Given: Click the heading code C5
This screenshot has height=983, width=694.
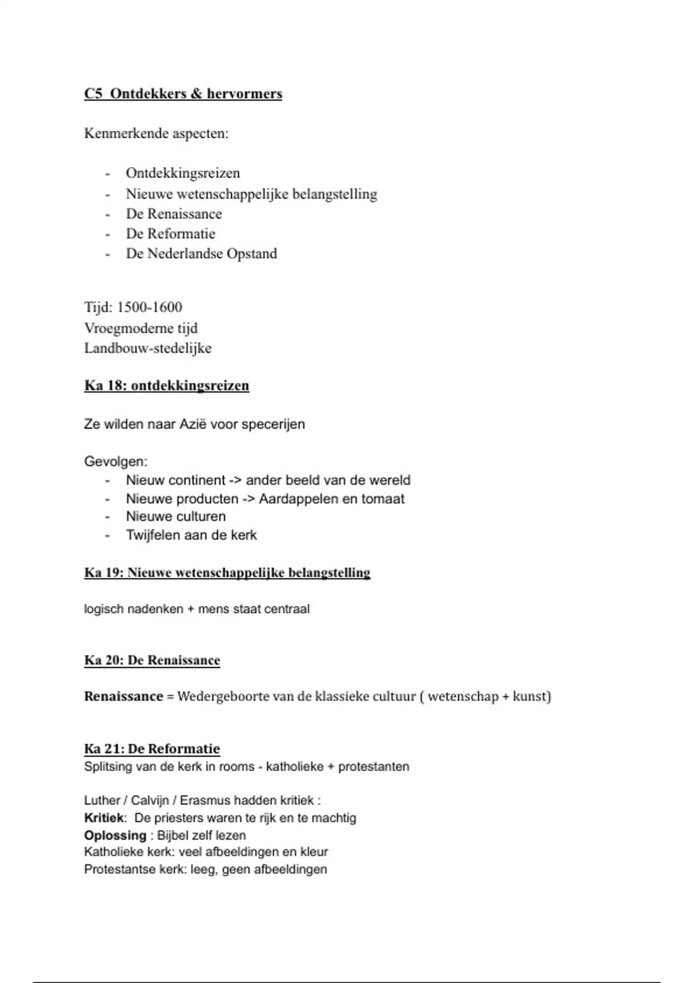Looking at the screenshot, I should tap(93, 94).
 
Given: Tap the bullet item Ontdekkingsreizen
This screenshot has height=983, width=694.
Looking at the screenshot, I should tap(183, 173).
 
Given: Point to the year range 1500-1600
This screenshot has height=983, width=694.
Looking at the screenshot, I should tap(149, 307).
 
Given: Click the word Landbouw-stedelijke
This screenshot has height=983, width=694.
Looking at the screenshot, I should tap(147, 348).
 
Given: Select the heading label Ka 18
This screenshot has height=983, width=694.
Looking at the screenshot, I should tap(105, 386).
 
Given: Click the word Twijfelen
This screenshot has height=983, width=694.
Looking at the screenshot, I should tap(153, 535).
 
